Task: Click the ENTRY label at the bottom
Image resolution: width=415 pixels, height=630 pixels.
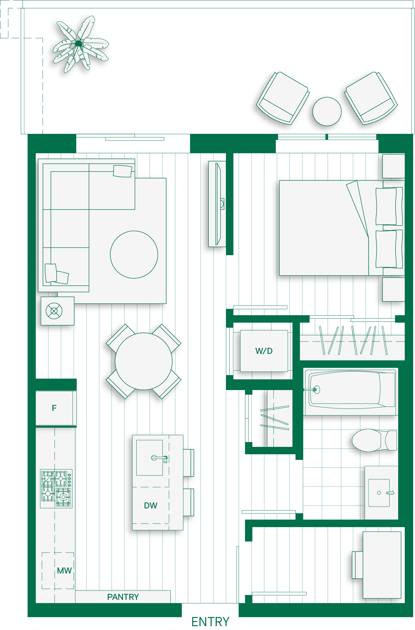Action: click(210, 622)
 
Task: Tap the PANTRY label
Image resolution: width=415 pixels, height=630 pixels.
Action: click(123, 597)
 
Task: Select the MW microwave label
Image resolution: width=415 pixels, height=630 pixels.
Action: click(65, 571)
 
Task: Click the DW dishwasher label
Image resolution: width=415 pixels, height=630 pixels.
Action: click(151, 506)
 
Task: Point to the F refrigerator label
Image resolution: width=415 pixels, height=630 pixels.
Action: click(54, 408)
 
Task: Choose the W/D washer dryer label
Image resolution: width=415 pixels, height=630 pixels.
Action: click(264, 351)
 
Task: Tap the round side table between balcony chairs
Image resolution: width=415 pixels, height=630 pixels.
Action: click(327, 111)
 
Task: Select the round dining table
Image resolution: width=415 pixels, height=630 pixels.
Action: click(144, 361)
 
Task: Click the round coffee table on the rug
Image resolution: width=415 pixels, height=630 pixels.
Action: click(134, 255)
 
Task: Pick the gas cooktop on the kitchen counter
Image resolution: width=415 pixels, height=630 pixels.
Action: click(56, 489)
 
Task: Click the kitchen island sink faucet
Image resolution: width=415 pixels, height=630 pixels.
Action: click(160, 458)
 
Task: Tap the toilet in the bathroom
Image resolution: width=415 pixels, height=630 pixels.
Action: click(374, 440)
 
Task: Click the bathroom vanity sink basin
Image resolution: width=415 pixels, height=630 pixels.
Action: click(379, 493)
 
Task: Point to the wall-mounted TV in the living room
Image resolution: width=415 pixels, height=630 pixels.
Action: click(218, 204)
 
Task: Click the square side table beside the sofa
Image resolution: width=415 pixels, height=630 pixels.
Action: click(58, 311)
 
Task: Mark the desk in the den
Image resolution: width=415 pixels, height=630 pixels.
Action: click(382, 565)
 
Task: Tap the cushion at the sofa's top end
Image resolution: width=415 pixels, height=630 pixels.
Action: click(123, 171)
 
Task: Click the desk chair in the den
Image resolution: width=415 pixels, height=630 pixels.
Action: click(357, 565)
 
